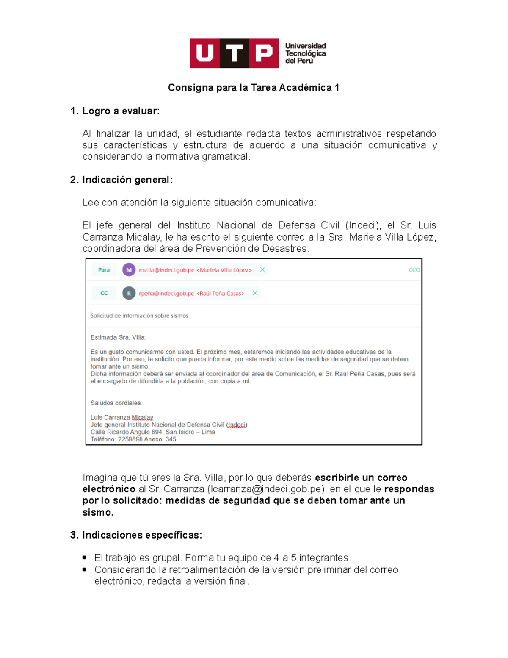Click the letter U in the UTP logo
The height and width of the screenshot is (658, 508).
[205, 53]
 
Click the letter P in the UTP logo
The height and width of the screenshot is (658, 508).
[264, 53]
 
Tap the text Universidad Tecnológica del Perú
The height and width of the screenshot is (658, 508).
[305, 53]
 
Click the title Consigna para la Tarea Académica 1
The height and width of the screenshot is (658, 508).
[254, 88]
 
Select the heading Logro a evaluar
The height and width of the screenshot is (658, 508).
[121, 111]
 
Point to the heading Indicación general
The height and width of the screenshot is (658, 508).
[127, 180]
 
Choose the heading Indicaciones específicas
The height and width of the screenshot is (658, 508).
[142, 535]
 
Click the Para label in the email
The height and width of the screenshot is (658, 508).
[104, 270]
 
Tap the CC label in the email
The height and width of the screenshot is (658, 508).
[104, 293]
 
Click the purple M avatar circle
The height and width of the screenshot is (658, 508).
[129, 270]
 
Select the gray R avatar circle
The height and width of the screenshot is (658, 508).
[129, 293]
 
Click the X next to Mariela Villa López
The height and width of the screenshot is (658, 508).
[262, 269]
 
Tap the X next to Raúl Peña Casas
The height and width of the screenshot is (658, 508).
[255, 293]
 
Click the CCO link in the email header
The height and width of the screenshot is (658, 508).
[414, 270]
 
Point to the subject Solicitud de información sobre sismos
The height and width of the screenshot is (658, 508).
[139, 316]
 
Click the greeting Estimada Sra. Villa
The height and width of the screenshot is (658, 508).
[118, 338]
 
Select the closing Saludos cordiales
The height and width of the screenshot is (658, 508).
[116, 403]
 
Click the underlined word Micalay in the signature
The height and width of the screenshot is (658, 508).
[142, 418]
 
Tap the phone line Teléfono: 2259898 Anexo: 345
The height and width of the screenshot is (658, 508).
[133, 439]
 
